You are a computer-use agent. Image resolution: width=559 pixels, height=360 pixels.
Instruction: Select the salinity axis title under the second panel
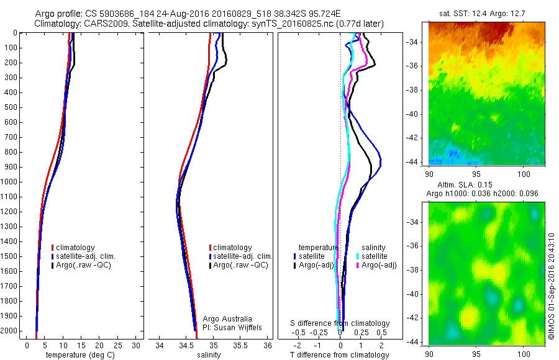[208, 355]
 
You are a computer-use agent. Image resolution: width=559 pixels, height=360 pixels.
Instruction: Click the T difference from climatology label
[340, 355]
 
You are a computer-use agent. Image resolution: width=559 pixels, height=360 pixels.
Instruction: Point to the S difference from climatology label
[340, 323]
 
